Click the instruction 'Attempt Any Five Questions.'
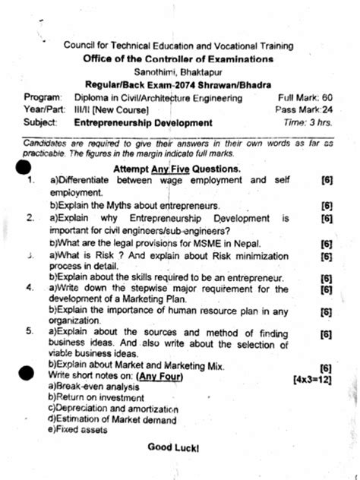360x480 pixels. pyautogui.click(x=176, y=168)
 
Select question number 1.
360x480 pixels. pyautogui.click(x=30, y=180)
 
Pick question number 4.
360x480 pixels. pyautogui.click(x=29, y=289)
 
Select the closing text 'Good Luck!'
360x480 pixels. pyautogui.click(x=173, y=448)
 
